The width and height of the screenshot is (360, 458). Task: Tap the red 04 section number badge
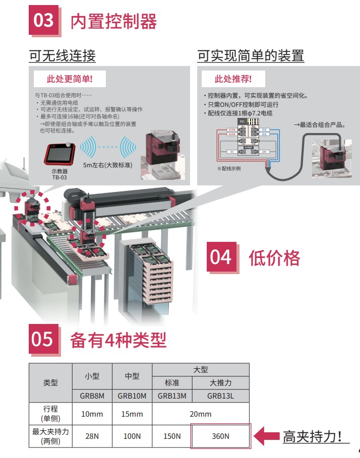click(221, 257)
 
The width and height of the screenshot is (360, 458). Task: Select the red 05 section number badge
click(43, 339)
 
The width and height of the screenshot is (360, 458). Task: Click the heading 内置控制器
click(113, 22)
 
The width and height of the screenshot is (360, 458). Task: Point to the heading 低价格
click(274, 258)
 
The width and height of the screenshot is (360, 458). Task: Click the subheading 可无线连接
click(62, 55)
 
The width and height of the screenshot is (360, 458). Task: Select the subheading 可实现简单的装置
click(251, 55)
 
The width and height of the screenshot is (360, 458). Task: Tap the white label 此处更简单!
click(70, 79)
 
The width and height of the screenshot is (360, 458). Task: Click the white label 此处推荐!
click(233, 79)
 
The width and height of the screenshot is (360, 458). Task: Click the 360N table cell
click(220, 436)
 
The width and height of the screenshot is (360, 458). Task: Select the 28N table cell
click(92, 436)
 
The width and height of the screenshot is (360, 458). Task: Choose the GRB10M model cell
click(132, 396)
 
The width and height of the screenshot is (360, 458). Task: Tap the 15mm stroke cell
click(132, 414)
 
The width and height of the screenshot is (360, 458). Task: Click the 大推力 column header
click(220, 382)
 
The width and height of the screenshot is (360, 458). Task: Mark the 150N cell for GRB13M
click(171, 436)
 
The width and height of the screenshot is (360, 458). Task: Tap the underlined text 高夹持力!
click(316, 436)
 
